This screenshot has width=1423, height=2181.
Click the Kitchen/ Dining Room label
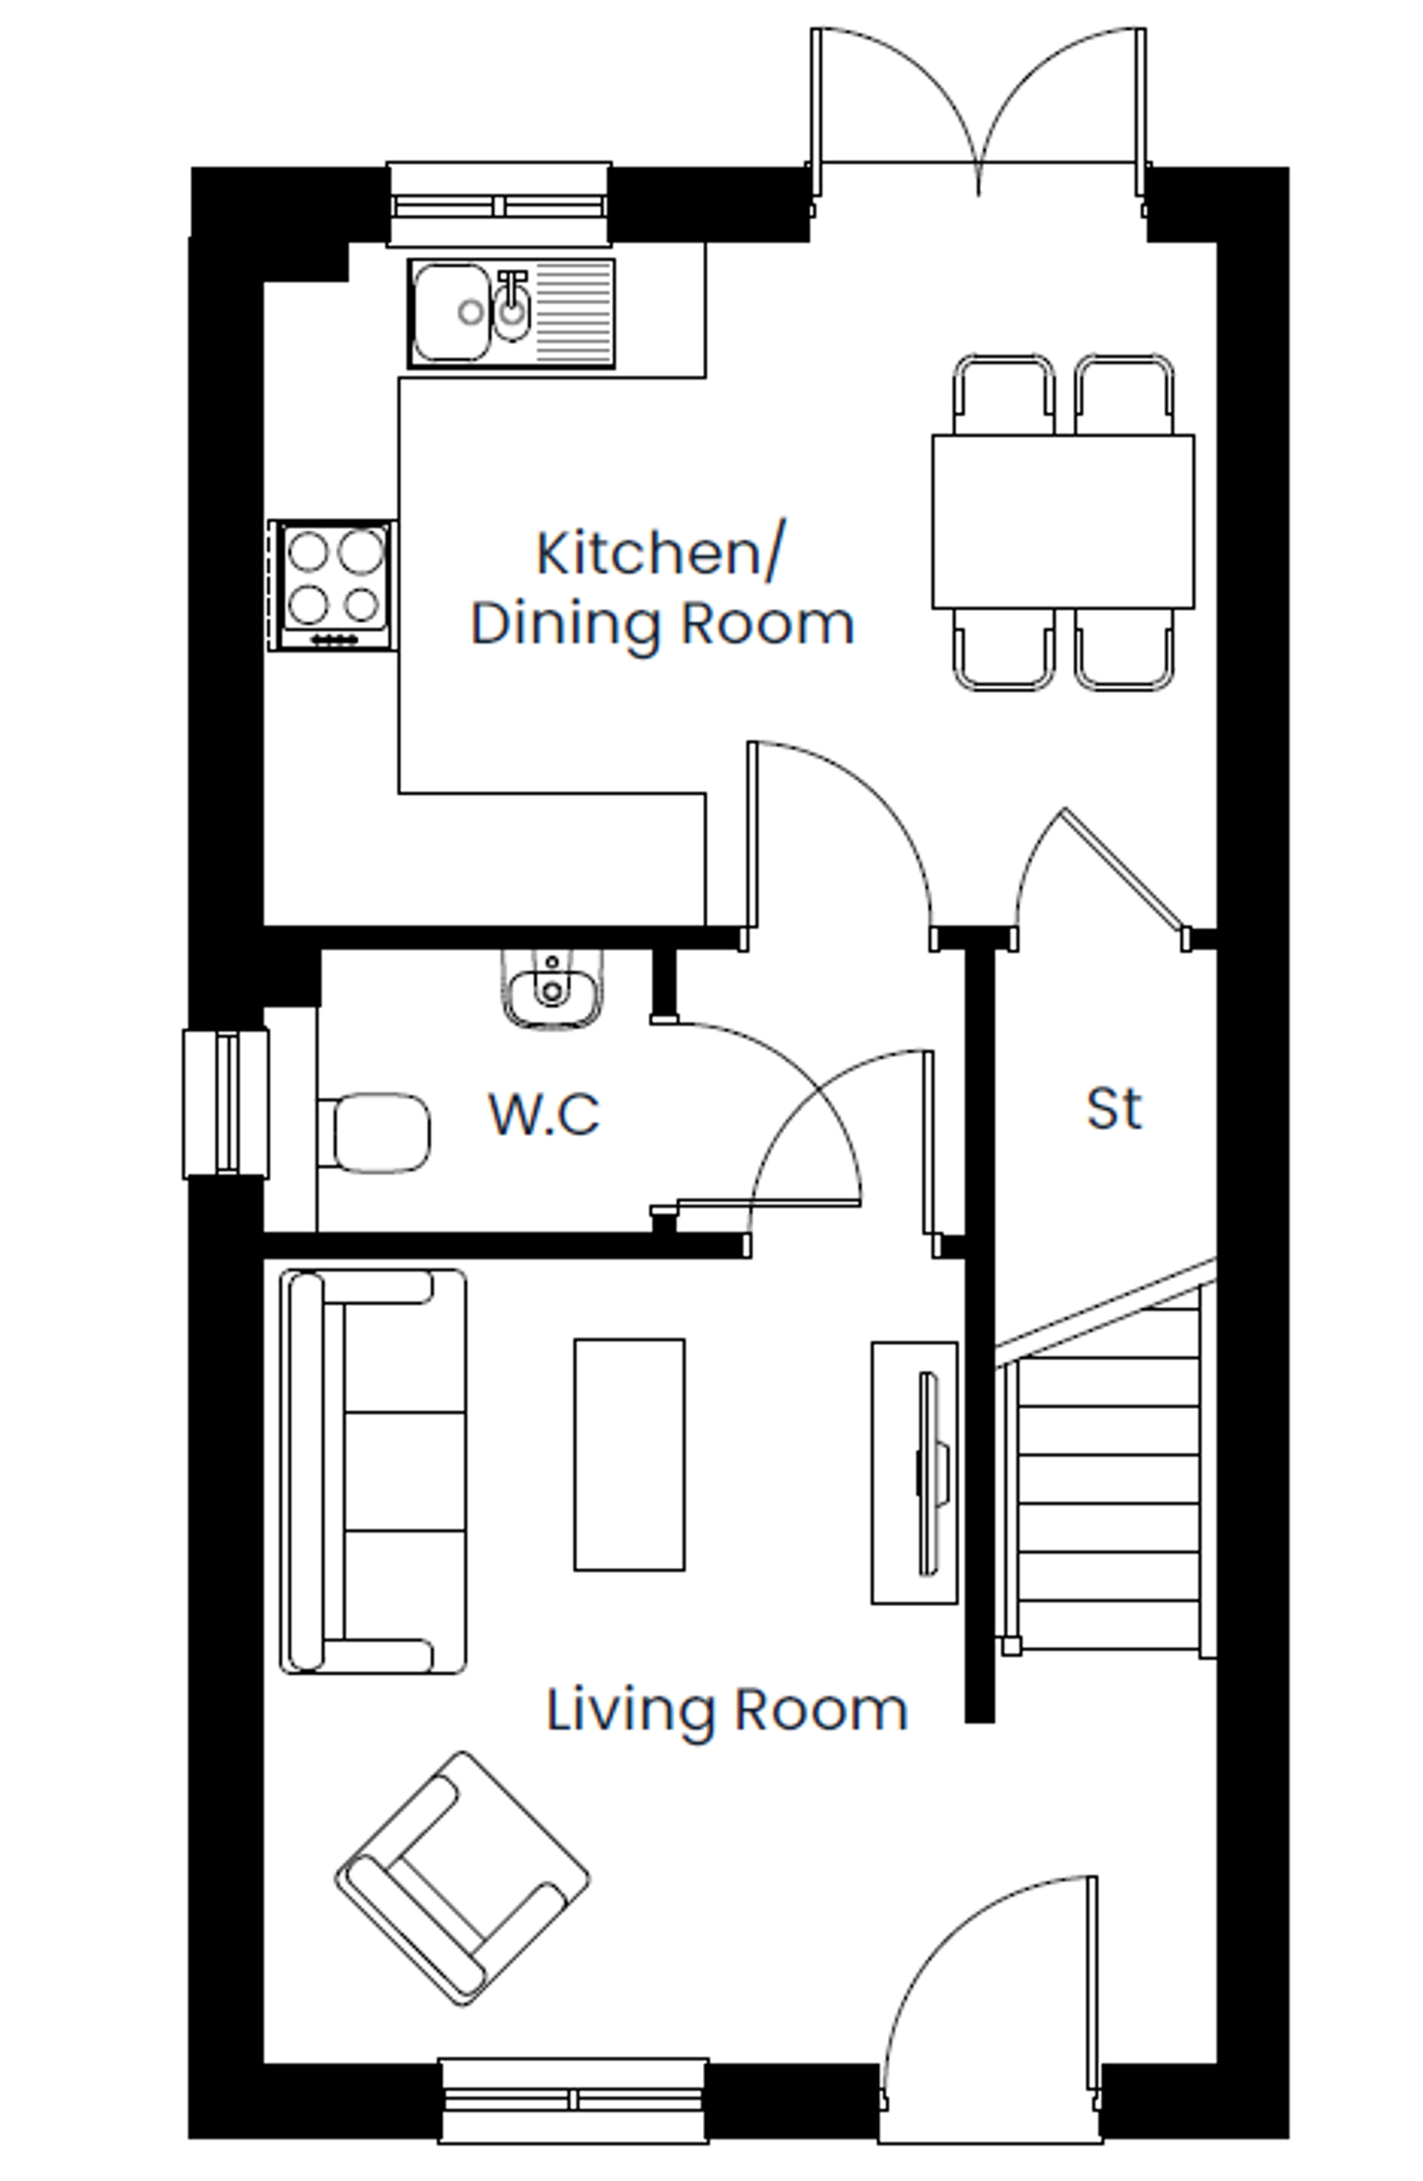[x=662, y=588]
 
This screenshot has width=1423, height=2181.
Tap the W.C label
[x=544, y=1114]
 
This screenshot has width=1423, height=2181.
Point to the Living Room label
[x=726, y=1709]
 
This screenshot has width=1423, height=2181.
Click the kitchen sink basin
[x=451, y=312]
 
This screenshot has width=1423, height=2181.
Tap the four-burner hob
[x=334, y=585]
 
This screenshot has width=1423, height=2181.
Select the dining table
[x=1063, y=521]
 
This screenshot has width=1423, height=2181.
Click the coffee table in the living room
[x=628, y=1454]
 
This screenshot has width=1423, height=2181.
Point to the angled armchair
[x=462, y=1879]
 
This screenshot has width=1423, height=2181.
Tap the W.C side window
[x=226, y=1103]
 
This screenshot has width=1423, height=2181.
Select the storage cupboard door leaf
[x=1123, y=867]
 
